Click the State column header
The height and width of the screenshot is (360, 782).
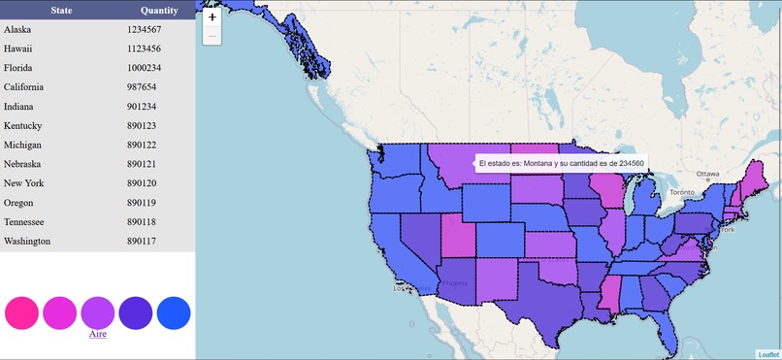point(48,11)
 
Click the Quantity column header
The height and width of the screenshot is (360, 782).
point(158,11)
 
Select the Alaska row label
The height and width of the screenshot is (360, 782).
point(17,30)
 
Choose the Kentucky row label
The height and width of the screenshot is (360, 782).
point(22,126)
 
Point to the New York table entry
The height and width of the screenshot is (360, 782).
point(24,183)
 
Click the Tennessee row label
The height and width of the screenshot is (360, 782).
point(25,222)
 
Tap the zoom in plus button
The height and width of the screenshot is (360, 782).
point(212,17)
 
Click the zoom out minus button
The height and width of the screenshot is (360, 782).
point(212,36)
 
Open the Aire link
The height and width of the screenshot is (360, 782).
point(98,334)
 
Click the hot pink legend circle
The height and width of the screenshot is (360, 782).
point(21,311)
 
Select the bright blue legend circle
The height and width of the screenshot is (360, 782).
point(174,311)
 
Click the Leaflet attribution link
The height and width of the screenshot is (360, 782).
point(768,354)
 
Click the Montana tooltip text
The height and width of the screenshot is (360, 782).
point(561,164)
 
